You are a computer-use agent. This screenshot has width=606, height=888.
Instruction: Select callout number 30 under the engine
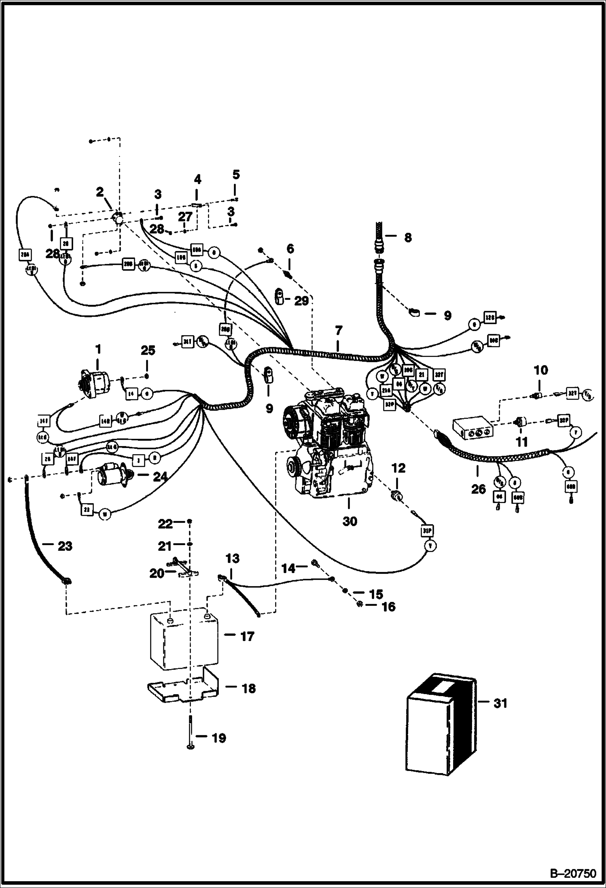click(x=350, y=521)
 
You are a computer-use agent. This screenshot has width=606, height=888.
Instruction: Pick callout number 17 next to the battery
click(x=247, y=637)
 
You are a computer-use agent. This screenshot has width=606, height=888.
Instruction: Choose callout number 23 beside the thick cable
click(x=65, y=546)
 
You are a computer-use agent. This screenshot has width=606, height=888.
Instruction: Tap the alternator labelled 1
click(x=97, y=382)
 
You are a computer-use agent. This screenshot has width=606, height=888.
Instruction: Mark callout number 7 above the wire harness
click(x=338, y=331)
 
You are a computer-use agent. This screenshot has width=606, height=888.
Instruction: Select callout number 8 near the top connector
click(x=407, y=237)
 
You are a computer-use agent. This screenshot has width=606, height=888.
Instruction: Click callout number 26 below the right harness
click(x=478, y=489)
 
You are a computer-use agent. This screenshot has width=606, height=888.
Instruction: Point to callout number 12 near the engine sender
click(x=398, y=468)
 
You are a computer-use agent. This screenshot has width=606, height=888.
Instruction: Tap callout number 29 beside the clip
click(x=301, y=301)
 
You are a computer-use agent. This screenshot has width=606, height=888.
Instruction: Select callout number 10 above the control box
click(x=541, y=370)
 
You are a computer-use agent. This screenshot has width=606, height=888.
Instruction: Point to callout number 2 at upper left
click(x=100, y=193)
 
